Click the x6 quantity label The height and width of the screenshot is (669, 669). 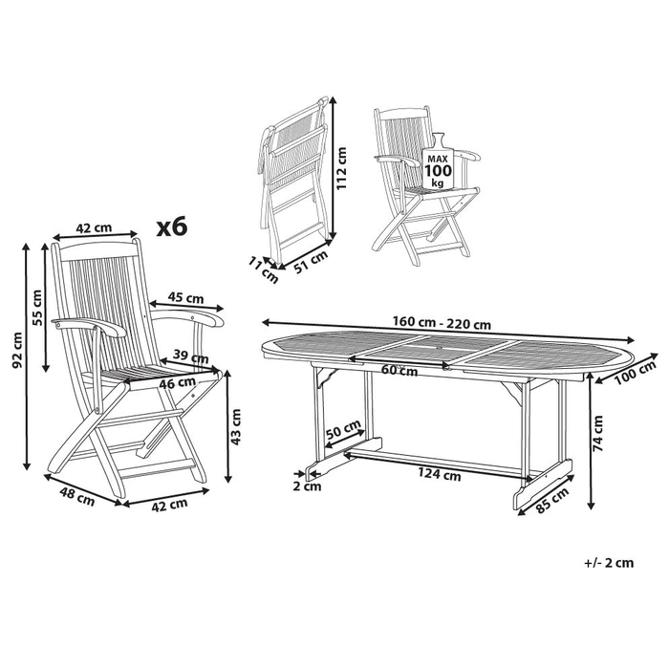(x=173, y=227)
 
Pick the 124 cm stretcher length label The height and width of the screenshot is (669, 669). (x=440, y=471)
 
